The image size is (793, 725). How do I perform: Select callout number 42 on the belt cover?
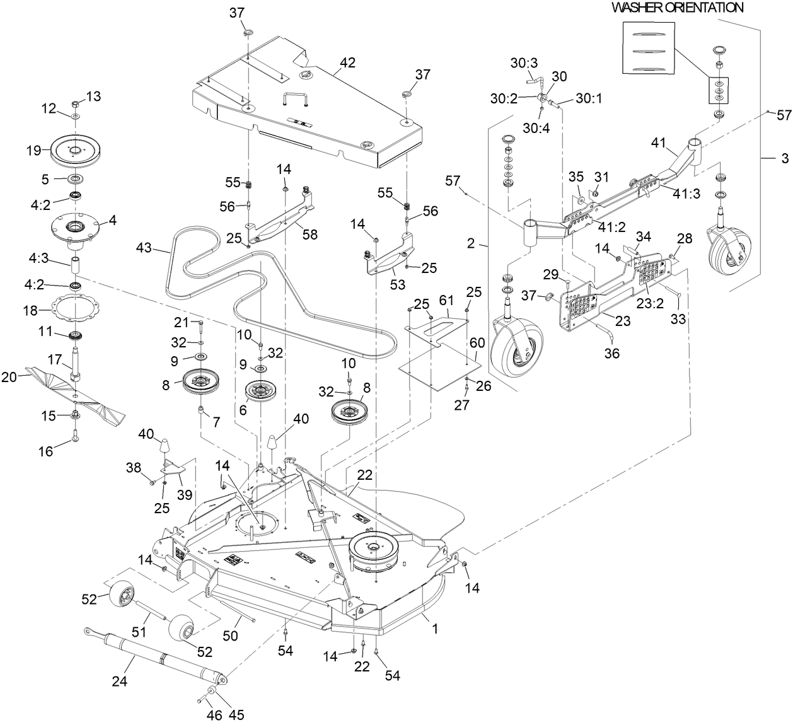[347, 63]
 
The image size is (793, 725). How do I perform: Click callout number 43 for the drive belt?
[144, 248]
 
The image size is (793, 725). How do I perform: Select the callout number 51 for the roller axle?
[138, 631]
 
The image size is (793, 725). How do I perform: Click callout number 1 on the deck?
[434, 629]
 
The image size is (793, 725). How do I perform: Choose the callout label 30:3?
[523, 64]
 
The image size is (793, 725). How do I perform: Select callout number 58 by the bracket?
[309, 235]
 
